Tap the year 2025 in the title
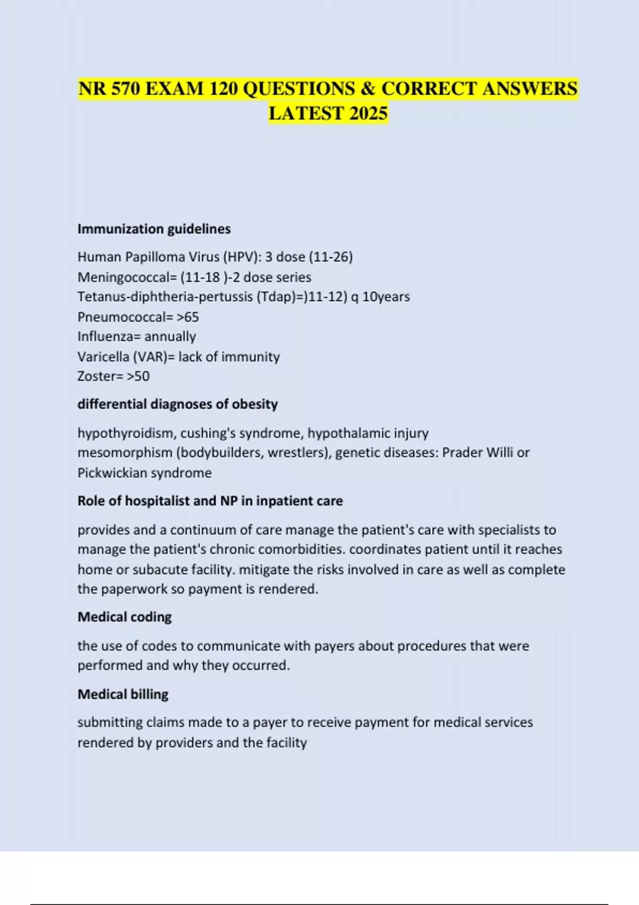pyautogui.click(x=368, y=113)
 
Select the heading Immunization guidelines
pyautogui.click(x=154, y=229)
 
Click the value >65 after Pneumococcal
pyautogui.click(x=188, y=317)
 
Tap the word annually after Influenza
pyautogui.click(x=170, y=337)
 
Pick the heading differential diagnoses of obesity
pyautogui.click(x=177, y=404)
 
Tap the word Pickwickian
pyautogui.click(x=111, y=473)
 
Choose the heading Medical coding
pyautogui.click(x=125, y=617)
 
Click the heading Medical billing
pyautogui.click(x=123, y=694)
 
